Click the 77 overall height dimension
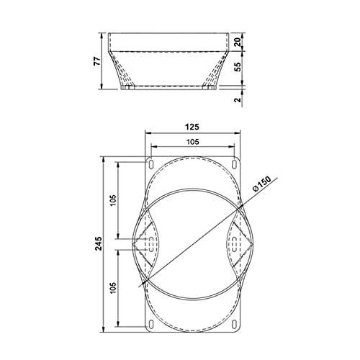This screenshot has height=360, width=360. tap(96, 61)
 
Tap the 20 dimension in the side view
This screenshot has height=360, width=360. tap(238, 42)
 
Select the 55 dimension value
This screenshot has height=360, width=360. tap(238, 67)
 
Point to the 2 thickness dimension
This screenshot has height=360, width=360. tap(238, 99)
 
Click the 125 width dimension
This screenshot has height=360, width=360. tap(192, 127)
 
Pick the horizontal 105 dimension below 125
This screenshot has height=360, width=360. tap(193, 142)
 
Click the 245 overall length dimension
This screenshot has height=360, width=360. tap(99, 243)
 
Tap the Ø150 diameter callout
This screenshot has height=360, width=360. tap(262, 184)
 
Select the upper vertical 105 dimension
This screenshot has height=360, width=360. tap(113, 200)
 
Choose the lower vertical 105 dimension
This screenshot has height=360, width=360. tap(113, 287)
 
